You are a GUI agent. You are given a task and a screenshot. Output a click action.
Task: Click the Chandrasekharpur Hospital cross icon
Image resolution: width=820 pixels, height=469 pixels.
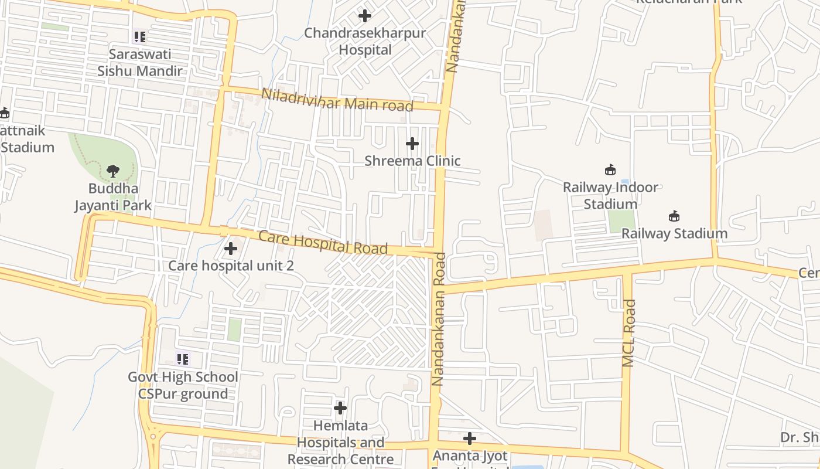(365, 16)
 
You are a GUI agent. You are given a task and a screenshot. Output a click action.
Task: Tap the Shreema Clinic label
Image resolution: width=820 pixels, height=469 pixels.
(412, 161)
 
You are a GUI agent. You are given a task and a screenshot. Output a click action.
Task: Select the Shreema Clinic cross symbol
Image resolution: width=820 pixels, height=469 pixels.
(412, 143)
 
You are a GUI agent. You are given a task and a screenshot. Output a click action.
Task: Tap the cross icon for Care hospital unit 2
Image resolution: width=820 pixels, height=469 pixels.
(231, 249)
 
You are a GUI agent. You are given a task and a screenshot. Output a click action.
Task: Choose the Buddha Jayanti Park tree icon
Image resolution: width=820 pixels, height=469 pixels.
(113, 171)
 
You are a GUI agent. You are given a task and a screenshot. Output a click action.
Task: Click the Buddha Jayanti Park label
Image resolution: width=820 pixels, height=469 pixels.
(113, 197)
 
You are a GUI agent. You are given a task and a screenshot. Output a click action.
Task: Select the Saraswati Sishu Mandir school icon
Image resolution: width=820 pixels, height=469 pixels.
(139, 37)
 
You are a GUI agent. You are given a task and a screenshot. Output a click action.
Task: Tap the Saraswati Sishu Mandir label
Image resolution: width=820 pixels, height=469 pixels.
(140, 63)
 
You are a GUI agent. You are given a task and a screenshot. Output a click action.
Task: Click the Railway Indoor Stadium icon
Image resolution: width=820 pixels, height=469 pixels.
(610, 170)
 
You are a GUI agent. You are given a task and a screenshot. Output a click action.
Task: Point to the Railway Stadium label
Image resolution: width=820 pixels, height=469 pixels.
(674, 233)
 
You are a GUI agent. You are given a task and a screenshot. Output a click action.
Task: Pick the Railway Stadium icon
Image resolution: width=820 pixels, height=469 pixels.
(674, 216)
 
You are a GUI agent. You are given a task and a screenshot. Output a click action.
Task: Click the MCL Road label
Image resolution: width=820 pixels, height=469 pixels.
(629, 333)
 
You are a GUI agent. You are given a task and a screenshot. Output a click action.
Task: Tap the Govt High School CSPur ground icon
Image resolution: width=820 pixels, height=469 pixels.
(183, 359)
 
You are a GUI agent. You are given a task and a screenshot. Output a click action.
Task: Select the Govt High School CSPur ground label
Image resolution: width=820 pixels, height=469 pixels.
(183, 385)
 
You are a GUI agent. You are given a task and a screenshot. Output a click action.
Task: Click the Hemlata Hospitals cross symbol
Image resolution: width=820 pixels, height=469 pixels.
(340, 408)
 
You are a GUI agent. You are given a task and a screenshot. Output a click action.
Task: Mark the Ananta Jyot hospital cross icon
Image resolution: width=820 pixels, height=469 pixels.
(469, 439)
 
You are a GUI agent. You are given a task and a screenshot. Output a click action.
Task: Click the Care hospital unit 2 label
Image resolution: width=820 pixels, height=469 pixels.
(231, 266)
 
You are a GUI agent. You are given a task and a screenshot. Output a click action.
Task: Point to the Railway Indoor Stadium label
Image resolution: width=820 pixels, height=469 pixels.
(610, 196)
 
